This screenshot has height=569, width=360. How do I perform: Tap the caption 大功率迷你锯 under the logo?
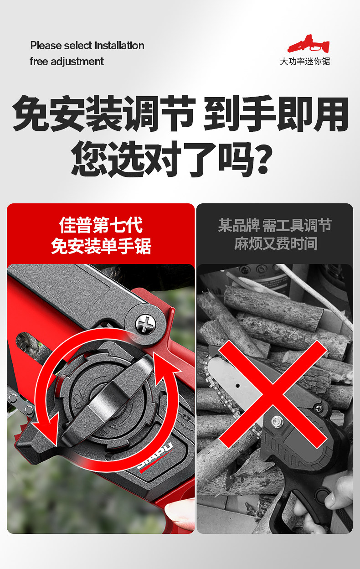click(305, 61)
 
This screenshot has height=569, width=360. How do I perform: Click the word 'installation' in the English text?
click(119, 46)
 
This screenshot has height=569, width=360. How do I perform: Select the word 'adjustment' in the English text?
click(77, 62)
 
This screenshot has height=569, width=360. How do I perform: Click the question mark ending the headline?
click(263, 159)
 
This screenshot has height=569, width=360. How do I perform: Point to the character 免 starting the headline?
click(31, 114)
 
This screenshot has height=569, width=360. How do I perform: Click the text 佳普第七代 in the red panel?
click(101, 225)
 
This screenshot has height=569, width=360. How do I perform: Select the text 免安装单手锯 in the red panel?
click(101, 246)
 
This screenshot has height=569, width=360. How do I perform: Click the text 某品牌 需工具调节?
click(275, 225)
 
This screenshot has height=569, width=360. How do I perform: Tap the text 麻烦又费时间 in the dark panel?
click(276, 243)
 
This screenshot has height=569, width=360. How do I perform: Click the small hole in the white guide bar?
click(238, 386)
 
